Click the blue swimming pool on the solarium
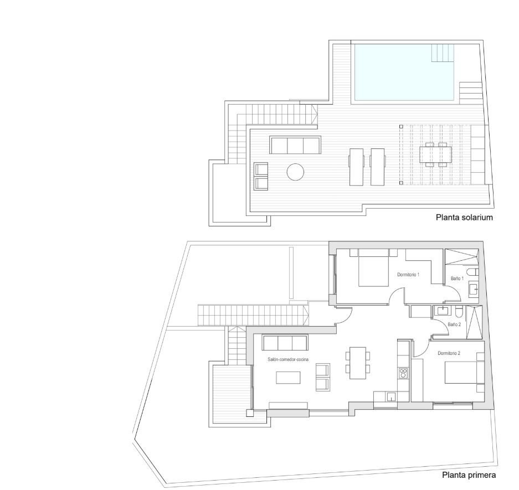pos(404,72)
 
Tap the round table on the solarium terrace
pos(295,172)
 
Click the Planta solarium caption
pos(464,218)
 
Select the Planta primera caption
pos(469,475)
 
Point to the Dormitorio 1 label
pos(408,274)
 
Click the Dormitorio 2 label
pos(449,353)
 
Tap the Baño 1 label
pos(457,278)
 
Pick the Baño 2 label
pos(454,324)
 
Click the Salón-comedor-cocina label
pos(288,359)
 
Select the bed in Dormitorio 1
pos(374,267)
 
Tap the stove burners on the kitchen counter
pos(403,374)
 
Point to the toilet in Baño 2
pos(459,312)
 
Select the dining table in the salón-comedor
pos(358,363)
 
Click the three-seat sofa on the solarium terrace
pos(295,145)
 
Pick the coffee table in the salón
pos(289,378)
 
